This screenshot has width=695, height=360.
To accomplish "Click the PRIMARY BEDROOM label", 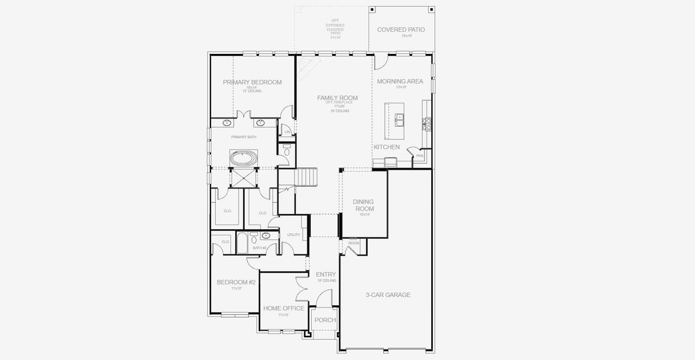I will click(252, 82).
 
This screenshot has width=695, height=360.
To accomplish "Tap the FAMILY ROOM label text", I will click(337, 98).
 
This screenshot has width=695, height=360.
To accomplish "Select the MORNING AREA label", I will click(399, 82).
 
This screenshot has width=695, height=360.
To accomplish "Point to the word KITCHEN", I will click(387, 147).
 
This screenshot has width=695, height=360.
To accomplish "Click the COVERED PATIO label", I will click(401, 29).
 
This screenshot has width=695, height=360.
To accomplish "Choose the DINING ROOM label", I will click(363, 205).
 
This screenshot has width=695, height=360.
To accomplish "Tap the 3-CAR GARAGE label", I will click(388, 295).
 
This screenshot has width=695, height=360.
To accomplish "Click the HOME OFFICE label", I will click(284, 308).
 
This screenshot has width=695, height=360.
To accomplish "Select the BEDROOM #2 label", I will click(236, 282).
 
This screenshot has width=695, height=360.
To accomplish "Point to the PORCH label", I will click(326, 320).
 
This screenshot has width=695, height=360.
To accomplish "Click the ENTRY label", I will click(326, 275).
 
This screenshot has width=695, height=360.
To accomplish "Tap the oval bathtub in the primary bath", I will click(243, 159).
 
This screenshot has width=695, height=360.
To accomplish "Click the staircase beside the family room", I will click(305, 177).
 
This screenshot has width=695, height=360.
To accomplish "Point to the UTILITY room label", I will click(293, 235).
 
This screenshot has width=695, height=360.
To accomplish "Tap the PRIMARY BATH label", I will click(243, 137).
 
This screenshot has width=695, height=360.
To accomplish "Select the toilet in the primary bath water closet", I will click(287, 151).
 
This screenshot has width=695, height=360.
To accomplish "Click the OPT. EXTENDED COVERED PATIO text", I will click(335, 28).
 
